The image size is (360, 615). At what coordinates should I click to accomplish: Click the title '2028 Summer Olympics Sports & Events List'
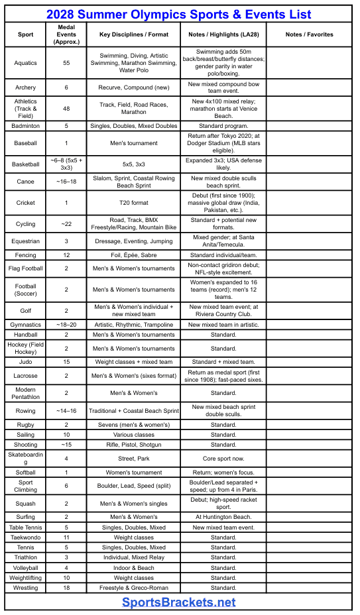point(179,15)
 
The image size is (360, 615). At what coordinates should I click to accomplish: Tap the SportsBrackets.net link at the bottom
point(179,602)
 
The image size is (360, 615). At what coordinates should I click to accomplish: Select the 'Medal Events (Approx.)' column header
point(66,34)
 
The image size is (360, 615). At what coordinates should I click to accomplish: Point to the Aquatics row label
point(26,64)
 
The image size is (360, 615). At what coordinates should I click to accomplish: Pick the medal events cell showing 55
point(66,64)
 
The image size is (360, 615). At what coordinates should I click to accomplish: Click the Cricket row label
point(26,203)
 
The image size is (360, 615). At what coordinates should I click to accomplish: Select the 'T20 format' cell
point(135,203)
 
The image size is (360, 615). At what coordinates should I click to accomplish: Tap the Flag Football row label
point(26,268)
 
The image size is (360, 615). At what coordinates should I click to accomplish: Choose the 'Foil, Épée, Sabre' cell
point(135,255)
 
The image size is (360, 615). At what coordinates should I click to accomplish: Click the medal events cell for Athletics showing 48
point(66,108)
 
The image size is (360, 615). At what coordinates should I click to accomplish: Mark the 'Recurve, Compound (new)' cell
point(135,87)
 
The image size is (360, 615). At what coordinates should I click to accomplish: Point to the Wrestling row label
point(26,588)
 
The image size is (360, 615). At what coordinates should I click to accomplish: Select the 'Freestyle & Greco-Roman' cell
point(135,588)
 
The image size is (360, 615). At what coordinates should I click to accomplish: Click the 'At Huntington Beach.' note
point(223,517)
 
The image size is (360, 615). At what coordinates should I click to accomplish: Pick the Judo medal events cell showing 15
point(66,362)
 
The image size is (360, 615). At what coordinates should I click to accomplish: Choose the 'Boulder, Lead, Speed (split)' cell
point(135,486)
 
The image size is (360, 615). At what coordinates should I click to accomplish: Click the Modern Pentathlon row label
point(26,393)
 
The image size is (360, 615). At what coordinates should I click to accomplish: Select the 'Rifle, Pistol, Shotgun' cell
point(135,445)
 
